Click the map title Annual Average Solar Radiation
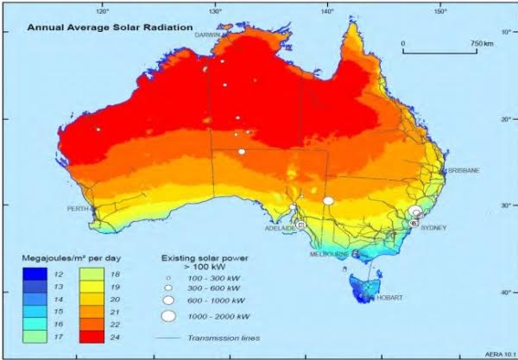pyautogui.click(x=109, y=28)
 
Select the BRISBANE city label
pyautogui.click(x=464, y=171)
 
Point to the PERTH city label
pyautogui.click(x=79, y=209)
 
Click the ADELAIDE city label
pyautogui.click(x=279, y=229)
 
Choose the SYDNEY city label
pyautogui.click(x=433, y=228)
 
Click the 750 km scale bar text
pyautogui.click(x=482, y=41)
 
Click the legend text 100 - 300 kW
pyautogui.click(x=211, y=277)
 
